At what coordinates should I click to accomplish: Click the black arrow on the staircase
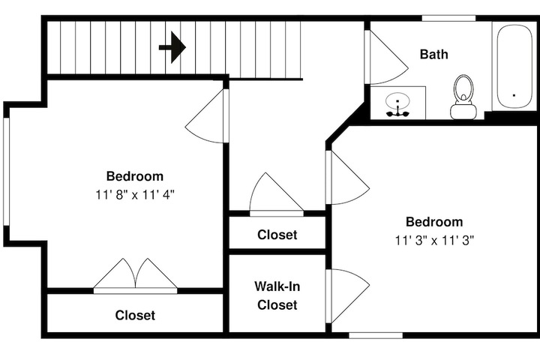point(172,47)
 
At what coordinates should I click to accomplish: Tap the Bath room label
point(434,55)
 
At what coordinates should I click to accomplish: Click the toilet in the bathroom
point(463,97)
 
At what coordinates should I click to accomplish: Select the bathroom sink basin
point(397,101)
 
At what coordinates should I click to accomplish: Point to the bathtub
point(514,67)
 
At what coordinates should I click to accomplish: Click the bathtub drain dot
point(514,95)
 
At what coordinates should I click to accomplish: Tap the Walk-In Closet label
point(277,295)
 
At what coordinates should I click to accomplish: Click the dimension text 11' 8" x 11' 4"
point(135,195)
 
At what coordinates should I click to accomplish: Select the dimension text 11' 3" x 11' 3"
point(434,241)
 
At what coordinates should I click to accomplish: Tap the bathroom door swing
point(386,57)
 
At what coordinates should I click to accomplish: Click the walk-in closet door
point(348,296)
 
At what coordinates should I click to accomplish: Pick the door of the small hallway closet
point(277,195)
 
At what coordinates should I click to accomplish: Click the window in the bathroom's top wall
point(448,18)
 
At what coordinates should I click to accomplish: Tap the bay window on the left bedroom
point(7,172)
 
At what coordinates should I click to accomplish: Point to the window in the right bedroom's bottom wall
point(376,335)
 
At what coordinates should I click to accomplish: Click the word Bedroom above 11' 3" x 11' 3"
point(434,222)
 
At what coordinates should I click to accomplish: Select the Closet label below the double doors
point(135,315)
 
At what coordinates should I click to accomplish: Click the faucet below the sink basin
point(397,112)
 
